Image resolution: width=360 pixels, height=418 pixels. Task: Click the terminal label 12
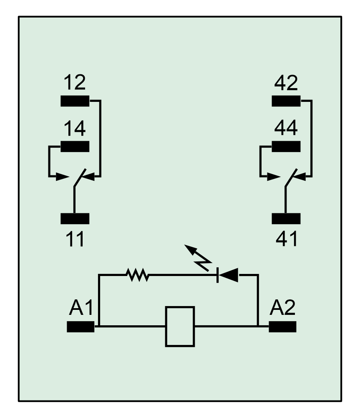coord(75,82)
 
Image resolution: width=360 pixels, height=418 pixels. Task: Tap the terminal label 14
coord(75,128)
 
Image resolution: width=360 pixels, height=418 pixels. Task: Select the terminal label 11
coord(75,239)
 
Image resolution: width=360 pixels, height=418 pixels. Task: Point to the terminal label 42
coord(286,82)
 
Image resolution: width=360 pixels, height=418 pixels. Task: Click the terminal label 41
coord(287,239)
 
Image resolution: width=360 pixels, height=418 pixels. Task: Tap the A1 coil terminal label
coord(81,308)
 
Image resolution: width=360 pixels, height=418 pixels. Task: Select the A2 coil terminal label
coord(282,308)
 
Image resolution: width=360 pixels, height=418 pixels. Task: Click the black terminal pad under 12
coord(75,101)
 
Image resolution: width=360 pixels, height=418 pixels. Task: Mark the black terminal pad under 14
coord(75,147)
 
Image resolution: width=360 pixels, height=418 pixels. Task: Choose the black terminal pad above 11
coord(75,218)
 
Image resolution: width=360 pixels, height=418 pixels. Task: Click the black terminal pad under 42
coord(286,101)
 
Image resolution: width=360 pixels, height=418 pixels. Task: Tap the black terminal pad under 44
coord(286,147)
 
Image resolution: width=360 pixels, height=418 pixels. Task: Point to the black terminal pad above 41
coord(286,218)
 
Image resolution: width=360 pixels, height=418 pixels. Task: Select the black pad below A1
coord(81,327)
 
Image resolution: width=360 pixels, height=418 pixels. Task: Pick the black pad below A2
coord(282,327)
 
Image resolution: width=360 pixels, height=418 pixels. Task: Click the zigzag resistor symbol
coord(137,275)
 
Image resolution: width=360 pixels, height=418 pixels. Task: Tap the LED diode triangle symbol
coord(228,275)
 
